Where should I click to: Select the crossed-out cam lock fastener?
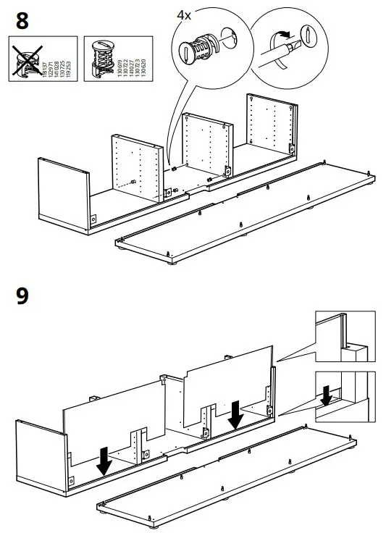tap(26, 60)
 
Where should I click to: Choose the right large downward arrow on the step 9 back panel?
tap(235, 414)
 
